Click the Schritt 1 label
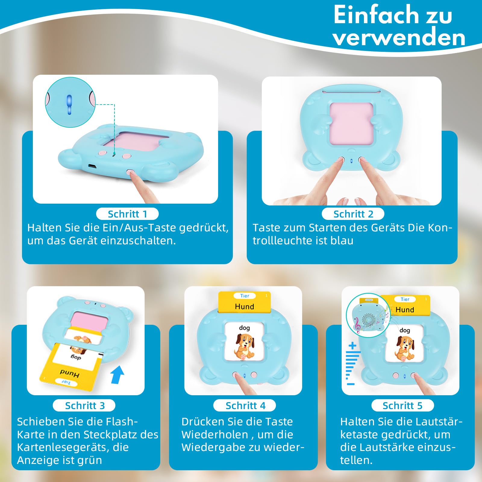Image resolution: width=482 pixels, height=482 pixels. (127, 214)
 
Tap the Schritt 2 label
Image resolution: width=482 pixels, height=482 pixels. (353, 214)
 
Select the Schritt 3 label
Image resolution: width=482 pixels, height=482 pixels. (84, 405)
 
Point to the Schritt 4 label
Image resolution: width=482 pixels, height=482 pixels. (245, 405)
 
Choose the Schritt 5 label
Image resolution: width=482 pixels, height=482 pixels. (403, 405)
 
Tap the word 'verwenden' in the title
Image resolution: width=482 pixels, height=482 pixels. (399, 38)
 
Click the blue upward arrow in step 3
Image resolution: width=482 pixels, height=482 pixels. (117, 374)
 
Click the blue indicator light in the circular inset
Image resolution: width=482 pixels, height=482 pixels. (70, 105)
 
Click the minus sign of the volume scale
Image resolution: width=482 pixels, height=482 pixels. (351, 384)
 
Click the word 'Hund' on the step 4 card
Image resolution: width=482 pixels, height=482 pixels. (244, 306)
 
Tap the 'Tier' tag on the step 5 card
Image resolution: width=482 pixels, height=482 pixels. (405, 299)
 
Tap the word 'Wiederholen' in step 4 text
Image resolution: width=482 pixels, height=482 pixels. (215, 435)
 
